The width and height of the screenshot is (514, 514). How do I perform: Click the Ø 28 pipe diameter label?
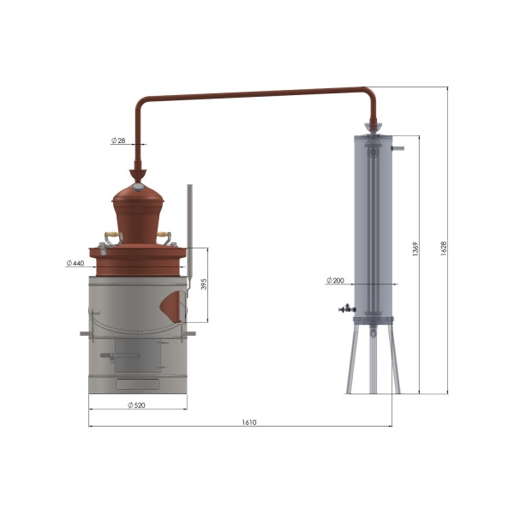[118, 140]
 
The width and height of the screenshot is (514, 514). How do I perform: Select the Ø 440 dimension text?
[75, 263]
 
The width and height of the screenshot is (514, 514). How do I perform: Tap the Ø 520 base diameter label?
[136, 405]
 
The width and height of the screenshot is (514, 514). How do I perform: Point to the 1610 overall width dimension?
[249, 422]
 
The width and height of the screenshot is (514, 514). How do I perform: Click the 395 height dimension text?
[204, 284]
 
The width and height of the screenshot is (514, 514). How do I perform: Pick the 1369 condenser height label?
[415, 249]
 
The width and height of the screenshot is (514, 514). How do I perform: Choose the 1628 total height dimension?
[443, 248]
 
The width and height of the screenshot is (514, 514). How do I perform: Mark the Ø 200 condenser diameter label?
[335, 280]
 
